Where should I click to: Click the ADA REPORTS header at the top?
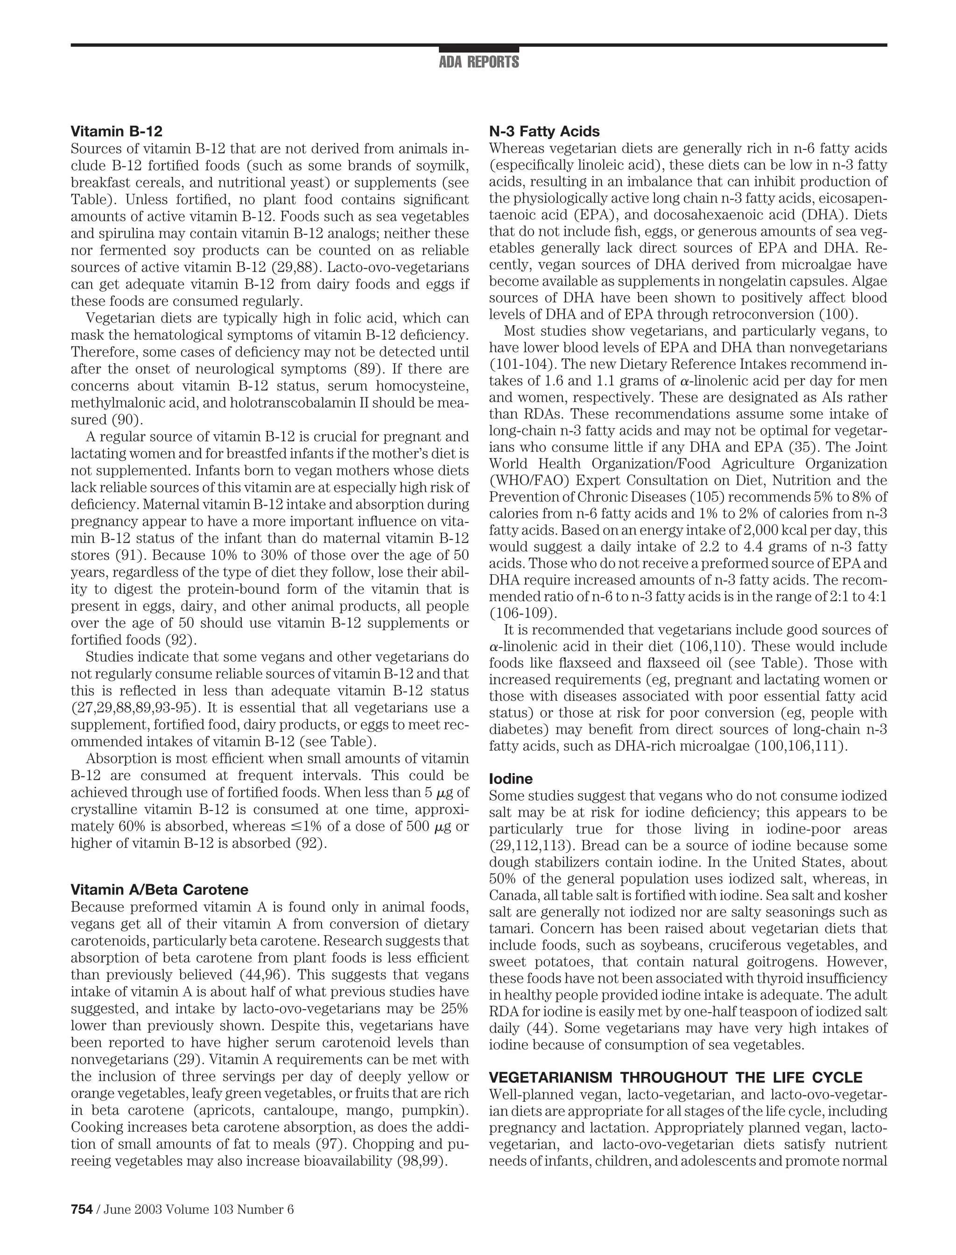click(478, 62)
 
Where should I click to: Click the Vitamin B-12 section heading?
click(116, 132)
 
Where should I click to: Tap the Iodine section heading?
click(510, 779)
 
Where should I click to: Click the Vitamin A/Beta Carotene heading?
click(159, 889)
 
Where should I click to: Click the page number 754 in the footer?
click(81, 1205)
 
